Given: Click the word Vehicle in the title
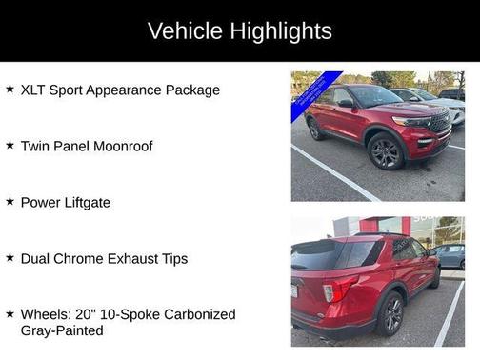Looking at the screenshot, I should (x=185, y=30).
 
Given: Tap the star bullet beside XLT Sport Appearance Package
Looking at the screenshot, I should (x=10, y=89).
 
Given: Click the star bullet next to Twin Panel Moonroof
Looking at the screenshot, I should (x=10, y=145).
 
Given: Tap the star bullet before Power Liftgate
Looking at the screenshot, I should (x=10, y=201).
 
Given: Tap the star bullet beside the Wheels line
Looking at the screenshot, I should (x=10, y=313).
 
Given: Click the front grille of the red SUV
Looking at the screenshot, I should (x=438, y=124).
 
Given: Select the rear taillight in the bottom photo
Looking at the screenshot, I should (x=339, y=289).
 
